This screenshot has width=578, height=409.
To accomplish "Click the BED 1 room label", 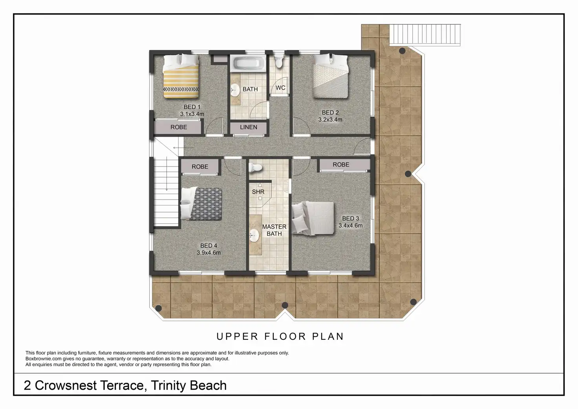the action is click(x=192, y=107).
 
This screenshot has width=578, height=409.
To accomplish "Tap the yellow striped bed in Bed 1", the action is click(x=181, y=76).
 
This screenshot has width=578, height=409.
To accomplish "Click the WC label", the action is click(x=280, y=88).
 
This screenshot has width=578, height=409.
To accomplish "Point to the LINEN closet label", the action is click(x=249, y=127).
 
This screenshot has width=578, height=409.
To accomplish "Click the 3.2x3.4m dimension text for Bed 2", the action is click(x=330, y=119).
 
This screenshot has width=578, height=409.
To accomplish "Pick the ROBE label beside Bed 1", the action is click(x=179, y=127).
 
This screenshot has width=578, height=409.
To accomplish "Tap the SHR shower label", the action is click(x=258, y=192).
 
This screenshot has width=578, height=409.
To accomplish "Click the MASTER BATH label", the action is click(x=274, y=230).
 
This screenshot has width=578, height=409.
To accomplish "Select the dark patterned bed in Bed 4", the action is click(x=201, y=204).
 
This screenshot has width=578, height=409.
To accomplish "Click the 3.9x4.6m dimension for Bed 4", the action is click(x=209, y=253).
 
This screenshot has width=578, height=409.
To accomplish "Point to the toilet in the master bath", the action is click(x=255, y=168).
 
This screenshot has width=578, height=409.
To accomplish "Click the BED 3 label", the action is click(x=350, y=218).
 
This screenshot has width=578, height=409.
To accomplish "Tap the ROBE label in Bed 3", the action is click(x=341, y=165).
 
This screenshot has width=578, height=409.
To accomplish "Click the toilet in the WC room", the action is click(x=279, y=61).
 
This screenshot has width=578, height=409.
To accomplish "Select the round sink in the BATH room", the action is click(x=235, y=90).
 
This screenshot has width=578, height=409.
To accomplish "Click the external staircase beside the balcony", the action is click(x=425, y=35).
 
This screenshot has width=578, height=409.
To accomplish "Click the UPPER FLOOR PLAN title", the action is click(x=280, y=336).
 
